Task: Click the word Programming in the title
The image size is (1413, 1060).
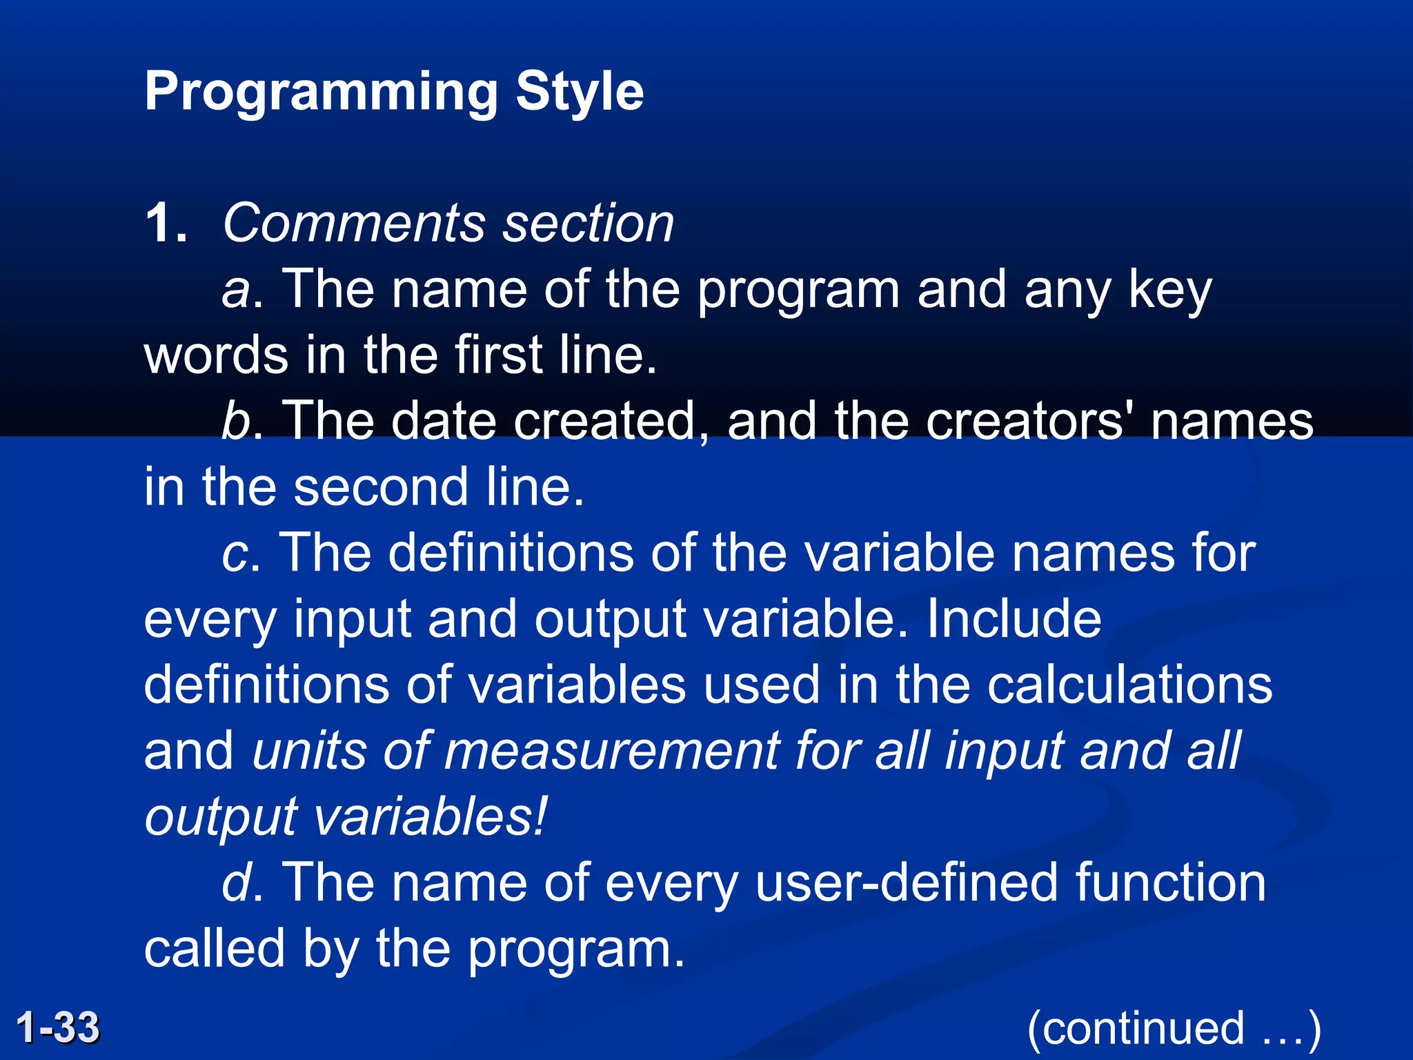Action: (x=320, y=92)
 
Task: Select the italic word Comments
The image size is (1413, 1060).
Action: (x=355, y=224)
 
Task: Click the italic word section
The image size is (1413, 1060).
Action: (x=588, y=224)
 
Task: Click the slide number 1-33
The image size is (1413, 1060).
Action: (x=58, y=1027)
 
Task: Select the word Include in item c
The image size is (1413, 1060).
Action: (x=1014, y=619)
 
